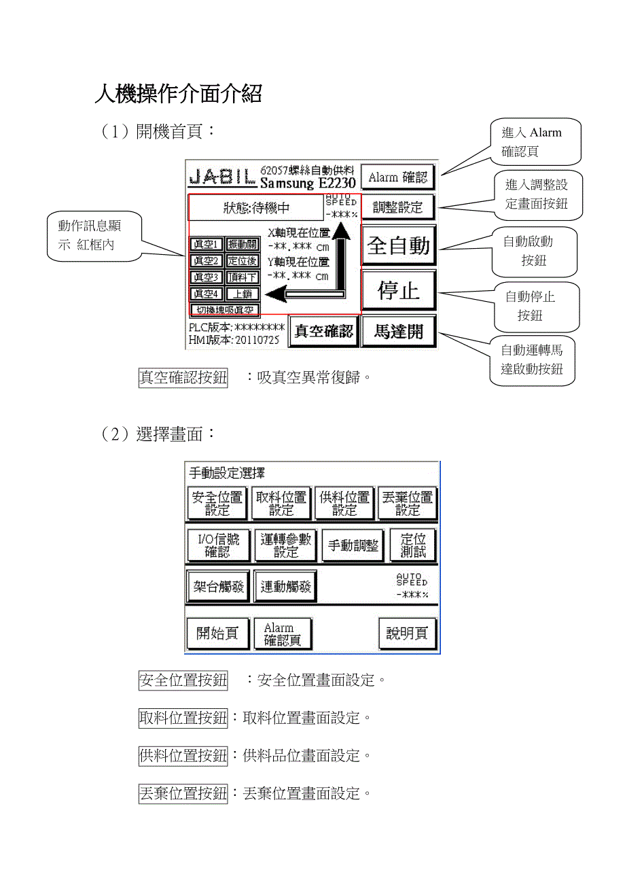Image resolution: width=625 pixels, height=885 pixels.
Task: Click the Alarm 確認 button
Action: [x=397, y=177]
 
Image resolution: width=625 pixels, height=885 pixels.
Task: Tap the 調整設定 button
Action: [x=397, y=207]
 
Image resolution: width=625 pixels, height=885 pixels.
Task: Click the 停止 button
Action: [x=398, y=291]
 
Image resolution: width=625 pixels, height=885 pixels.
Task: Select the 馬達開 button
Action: [x=398, y=331]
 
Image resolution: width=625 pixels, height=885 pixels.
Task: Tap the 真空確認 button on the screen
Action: [x=323, y=331]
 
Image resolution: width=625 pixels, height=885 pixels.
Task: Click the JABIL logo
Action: [x=222, y=177]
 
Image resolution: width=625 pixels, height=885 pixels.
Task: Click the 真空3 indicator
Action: [x=206, y=277]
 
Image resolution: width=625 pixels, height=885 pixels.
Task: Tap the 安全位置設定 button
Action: [x=217, y=504]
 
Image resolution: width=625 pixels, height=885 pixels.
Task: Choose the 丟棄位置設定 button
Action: [x=408, y=504]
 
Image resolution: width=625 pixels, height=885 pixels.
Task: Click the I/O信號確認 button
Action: [x=218, y=546]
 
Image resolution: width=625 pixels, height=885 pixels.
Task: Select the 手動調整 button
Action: [x=353, y=546]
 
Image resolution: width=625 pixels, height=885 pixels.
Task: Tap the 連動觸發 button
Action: [x=285, y=587]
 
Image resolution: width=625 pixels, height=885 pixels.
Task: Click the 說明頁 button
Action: [x=407, y=634]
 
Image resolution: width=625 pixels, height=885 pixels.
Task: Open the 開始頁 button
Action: [x=217, y=634]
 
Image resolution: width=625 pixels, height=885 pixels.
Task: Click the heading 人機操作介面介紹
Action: [x=178, y=94]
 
